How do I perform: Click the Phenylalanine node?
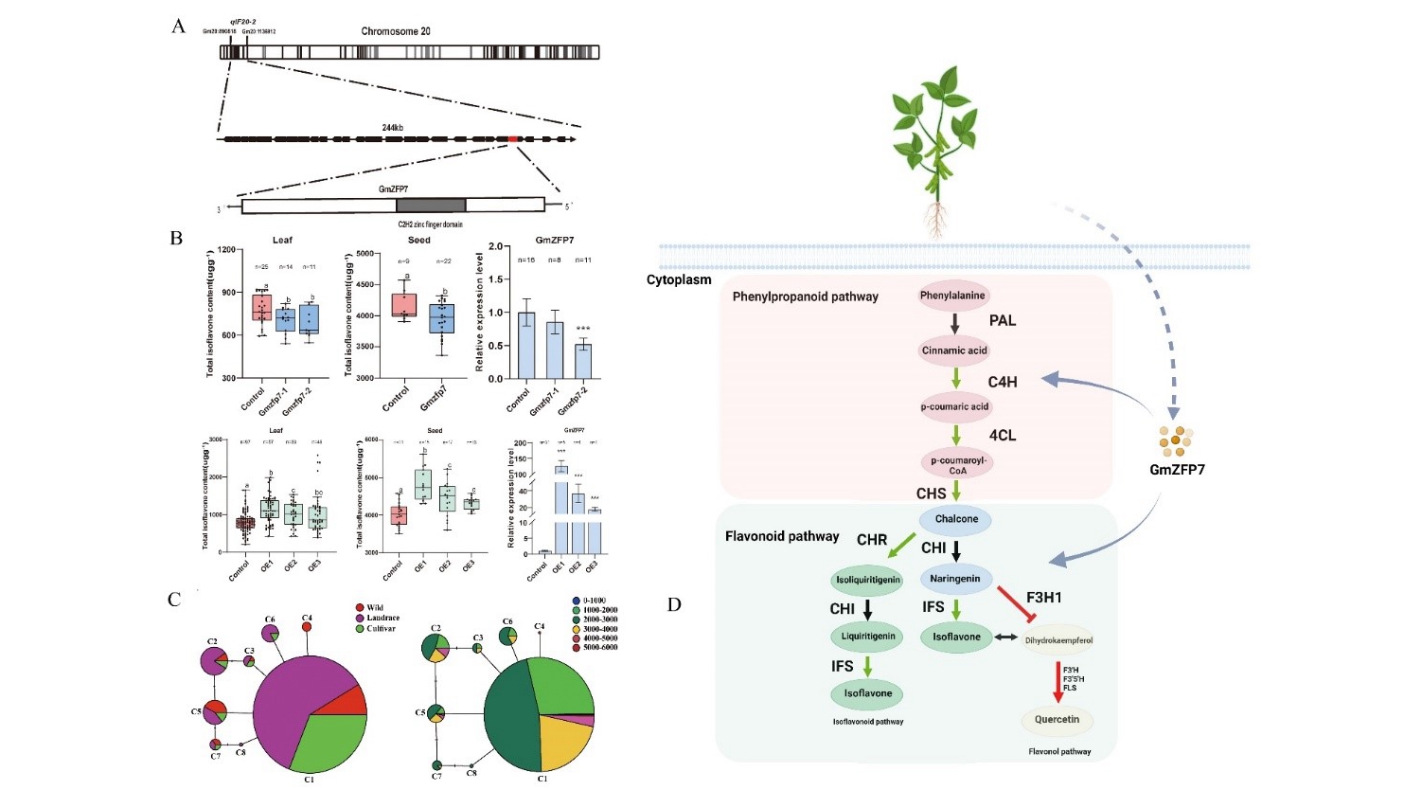point(953,296)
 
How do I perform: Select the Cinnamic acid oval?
point(954,350)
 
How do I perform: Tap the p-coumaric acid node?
point(954,406)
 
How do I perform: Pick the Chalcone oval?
point(956,519)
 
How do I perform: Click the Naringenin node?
point(955,578)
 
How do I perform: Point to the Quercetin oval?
point(1057,720)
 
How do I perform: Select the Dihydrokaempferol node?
point(1058,640)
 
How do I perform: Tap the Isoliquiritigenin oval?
point(868,580)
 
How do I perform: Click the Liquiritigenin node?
point(868,637)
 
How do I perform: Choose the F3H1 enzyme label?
point(1043,598)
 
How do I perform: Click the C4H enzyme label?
point(1003,382)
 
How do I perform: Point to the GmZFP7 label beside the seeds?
point(1177,470)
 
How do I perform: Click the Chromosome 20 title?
point(396,31)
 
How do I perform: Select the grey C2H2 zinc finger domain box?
point(431,206)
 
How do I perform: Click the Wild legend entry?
point(375,607)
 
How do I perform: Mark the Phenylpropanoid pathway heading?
point(805,296)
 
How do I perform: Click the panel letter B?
point(176,238)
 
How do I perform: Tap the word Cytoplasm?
point(679,280)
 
